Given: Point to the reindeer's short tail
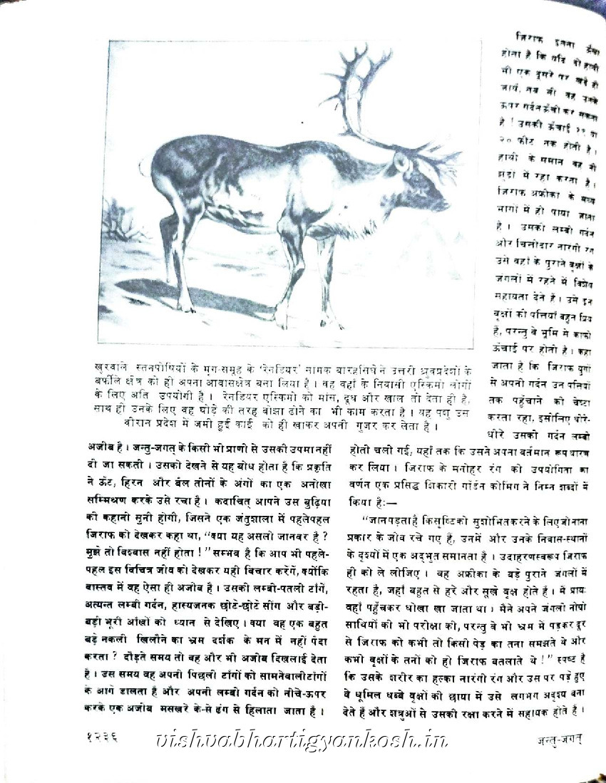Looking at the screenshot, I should click(145, 168).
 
